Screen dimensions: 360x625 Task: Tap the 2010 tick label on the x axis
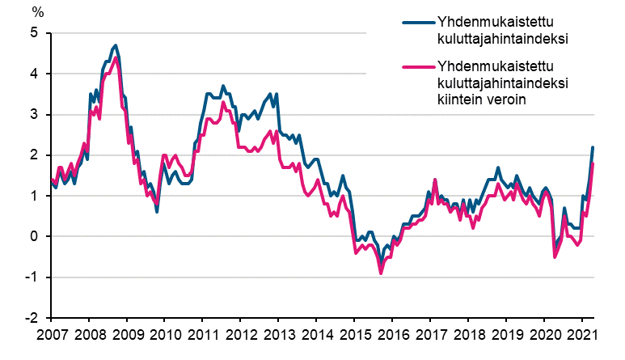[x=164, y=335]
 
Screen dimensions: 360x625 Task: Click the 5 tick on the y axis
[x=35, y=33]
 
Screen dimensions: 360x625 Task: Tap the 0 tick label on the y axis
[x=35, y=237]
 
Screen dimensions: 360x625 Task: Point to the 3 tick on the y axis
[x=35, y=115]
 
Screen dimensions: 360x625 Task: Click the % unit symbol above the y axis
[x=37, y=12]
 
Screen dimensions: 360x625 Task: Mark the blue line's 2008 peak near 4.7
[x=116, y=45]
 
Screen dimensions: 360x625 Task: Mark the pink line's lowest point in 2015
[x=381, y=273]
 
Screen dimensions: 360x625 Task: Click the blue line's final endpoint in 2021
[x=593, y=147]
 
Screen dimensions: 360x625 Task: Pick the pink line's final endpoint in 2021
[x=593, y=163]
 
